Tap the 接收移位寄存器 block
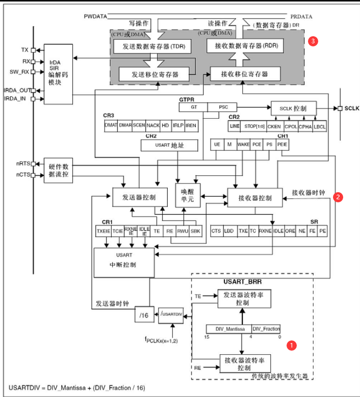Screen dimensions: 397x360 (244, 74)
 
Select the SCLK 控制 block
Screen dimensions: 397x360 (293, 109)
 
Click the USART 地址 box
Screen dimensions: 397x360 (169, 146)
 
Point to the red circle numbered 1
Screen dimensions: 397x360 (291, 345)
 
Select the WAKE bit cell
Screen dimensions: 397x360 (243, 145)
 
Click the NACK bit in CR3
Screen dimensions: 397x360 (153, 125)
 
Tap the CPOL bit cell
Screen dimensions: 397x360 (291, 126)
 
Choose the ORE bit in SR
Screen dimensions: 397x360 (290, 231)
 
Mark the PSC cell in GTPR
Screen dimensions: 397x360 (223, 108)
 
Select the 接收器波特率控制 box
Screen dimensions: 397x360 (244, 363)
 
